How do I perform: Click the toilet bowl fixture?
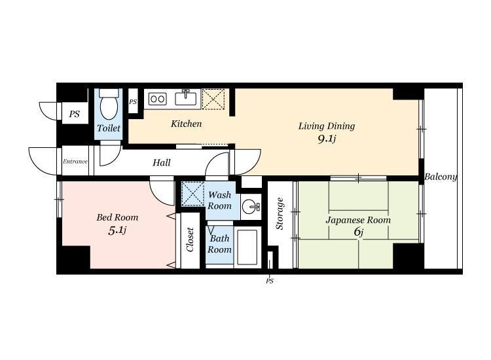tap(109, 104)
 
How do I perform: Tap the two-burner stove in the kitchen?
tap(157, 99)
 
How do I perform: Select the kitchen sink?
tap(186, 98)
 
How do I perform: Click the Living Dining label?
tap(327, 126)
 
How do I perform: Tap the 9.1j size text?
tap(327, 139)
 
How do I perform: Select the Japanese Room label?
tap(358, 220)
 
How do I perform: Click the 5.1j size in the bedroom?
tap(117, 230)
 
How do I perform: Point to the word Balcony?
tap(441, 177)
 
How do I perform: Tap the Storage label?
tap(280, 213)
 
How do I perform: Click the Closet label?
tap(190, 240)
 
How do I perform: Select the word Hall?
tap(162, 162)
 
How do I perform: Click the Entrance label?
tap(75, 162)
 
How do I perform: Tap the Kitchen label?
tap(186, 124)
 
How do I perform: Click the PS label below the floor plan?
tap(270, 281)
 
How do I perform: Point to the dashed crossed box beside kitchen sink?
tap(213, 99)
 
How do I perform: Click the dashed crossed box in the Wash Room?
tap(193, 194)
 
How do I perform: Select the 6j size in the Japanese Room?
tap(359, 232)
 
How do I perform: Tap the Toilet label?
tap(108, 128)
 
